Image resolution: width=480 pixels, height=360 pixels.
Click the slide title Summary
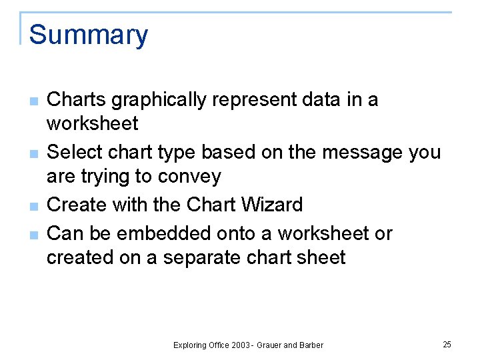coord(89,35)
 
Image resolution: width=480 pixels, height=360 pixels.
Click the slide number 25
coord(447,345)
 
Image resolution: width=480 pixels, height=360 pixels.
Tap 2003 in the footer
coord(241,345)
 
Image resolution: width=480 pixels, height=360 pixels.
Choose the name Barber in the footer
coord(311,345)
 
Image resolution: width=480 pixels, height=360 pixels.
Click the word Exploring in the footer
coord(191,345)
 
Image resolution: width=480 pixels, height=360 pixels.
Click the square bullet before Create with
coord(33,207)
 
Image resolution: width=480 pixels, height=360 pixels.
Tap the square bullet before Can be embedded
coord(33,235)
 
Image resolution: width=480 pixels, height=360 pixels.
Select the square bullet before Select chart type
coord(33,155)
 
